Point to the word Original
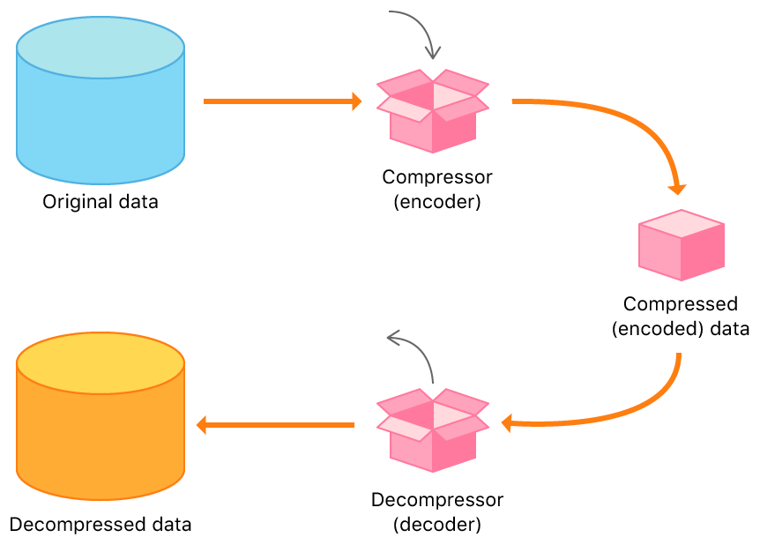coord(72,202)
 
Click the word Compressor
coord(436,176)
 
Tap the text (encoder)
coord(436,201)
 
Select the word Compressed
coord(680,304)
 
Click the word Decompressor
coord(436,500)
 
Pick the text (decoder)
coord(436,525)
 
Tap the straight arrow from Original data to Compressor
coord(282,101)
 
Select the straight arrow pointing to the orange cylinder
coord(275,425)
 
